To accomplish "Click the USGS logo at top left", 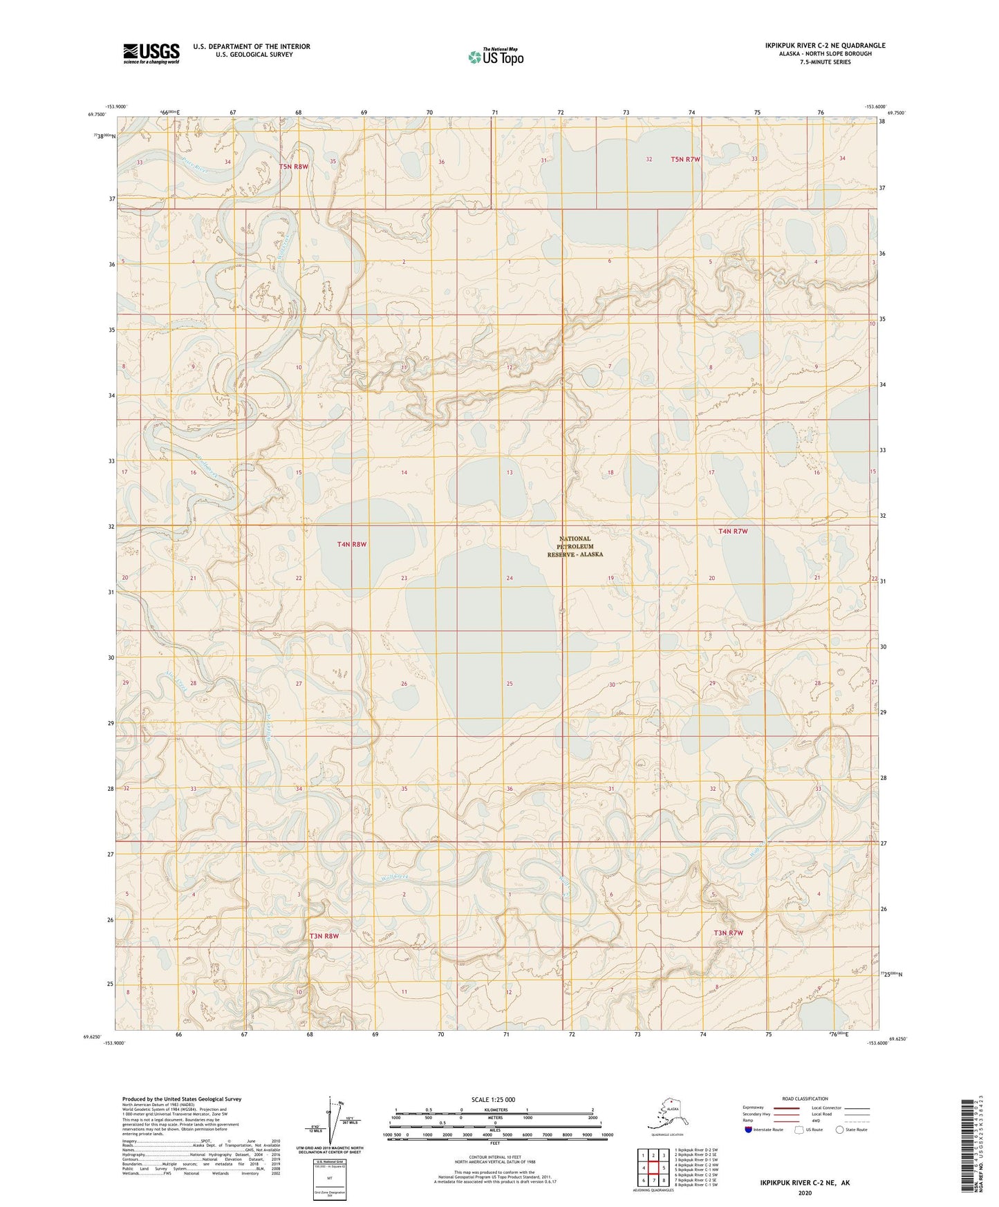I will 151,53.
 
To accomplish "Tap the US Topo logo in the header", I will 495,57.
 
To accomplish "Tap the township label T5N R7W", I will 685,160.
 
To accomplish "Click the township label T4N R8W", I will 352,544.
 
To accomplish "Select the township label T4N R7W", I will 733,531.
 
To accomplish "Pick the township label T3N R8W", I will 324,936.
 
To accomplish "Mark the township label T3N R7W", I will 728,933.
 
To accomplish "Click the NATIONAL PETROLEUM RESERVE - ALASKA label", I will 575,546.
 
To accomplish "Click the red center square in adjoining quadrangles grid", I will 652,1167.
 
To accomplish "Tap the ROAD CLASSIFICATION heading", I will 805,1098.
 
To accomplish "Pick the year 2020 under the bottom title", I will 805,1192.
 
